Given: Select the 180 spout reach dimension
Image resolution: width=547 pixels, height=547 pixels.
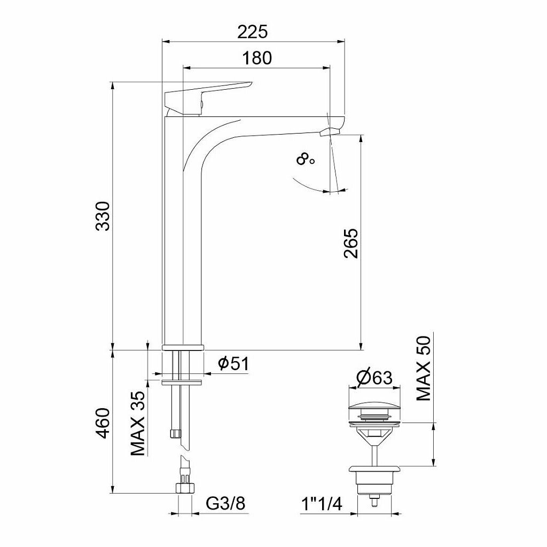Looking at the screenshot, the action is (x=257, y=58).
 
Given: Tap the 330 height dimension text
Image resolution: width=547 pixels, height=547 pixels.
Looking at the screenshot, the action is (x=103, y=216).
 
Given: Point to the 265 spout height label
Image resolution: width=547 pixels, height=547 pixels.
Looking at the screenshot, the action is (x=350, y=243).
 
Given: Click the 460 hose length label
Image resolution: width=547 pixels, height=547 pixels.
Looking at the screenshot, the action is (x=103, y=423).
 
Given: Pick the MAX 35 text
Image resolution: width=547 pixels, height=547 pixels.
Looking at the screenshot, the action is (x=137, y=424).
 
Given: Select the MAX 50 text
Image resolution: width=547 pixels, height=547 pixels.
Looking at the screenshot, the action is (x=424, y=368).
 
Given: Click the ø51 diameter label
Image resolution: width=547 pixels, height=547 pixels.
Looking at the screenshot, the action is (x=233, y=364).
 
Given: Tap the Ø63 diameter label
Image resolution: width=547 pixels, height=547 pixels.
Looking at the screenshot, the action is (x=374, y=378).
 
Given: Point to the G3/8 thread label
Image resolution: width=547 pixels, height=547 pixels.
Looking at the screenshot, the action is (x=226, y=503).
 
